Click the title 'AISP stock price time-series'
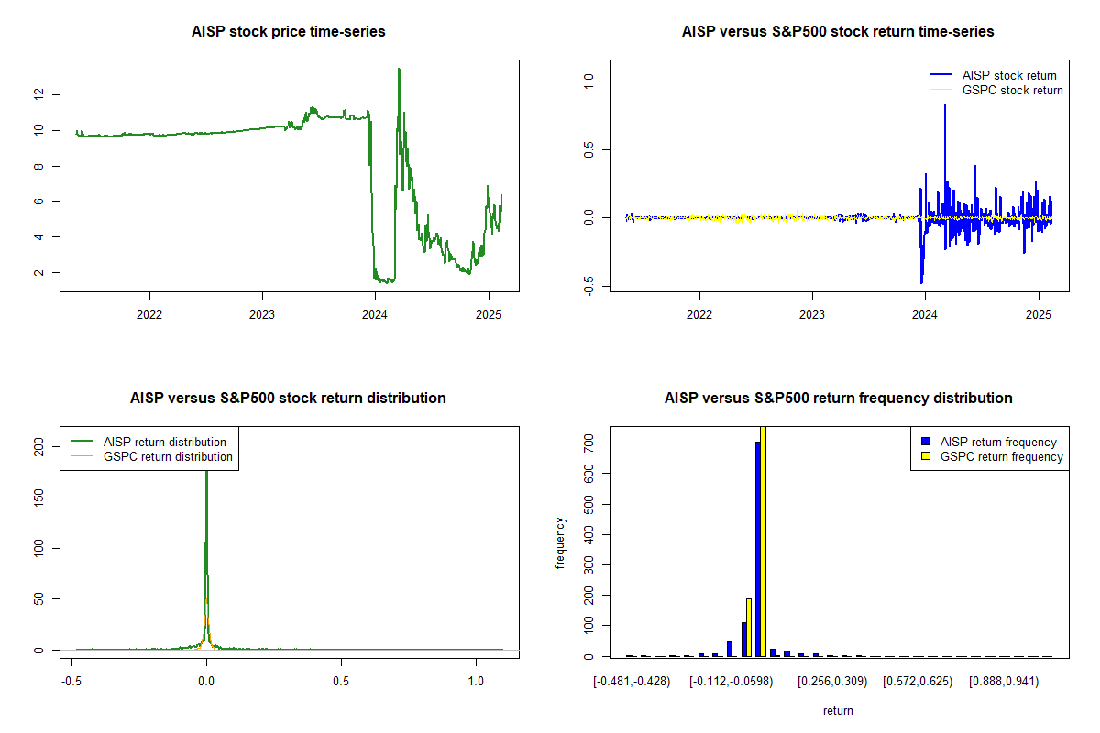point(288,32)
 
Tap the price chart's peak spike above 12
point(399,70)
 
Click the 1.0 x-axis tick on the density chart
point(476,682)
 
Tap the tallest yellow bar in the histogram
point(763,541)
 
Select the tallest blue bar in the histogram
point(757,549)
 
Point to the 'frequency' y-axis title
point(560,543)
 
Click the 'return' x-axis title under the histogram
point(838,710)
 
